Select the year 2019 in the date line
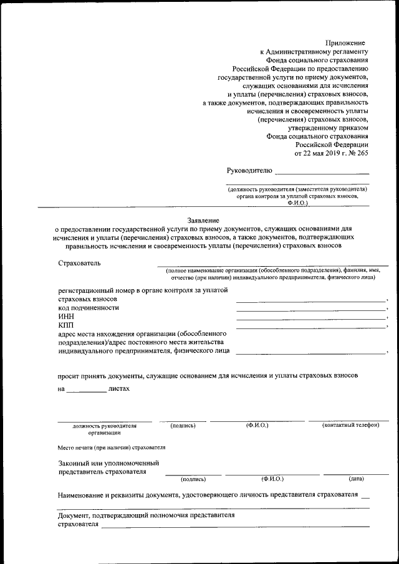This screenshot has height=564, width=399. (x=325, y=152)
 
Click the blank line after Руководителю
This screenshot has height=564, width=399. (x=322, y=172)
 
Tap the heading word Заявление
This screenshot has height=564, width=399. (x=203, y=220)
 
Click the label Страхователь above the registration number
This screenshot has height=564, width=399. (x=79, y=262)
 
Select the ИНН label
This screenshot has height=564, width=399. (x=66, y=317)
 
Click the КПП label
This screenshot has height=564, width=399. (x=66, y=325)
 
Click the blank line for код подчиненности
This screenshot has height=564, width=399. (x=310, y=309)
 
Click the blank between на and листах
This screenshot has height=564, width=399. (x=86, y=390)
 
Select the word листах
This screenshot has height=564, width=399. (x=119, y=388)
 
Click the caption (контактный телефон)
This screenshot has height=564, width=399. (x=350, y=425)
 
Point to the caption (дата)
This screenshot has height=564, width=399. (x=357, y=479)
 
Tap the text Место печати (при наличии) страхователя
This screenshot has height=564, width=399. (x=112, y=447)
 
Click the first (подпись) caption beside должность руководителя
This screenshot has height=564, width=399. (x=183, y=426)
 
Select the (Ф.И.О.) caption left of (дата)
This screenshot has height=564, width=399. (x=272, y=479)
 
